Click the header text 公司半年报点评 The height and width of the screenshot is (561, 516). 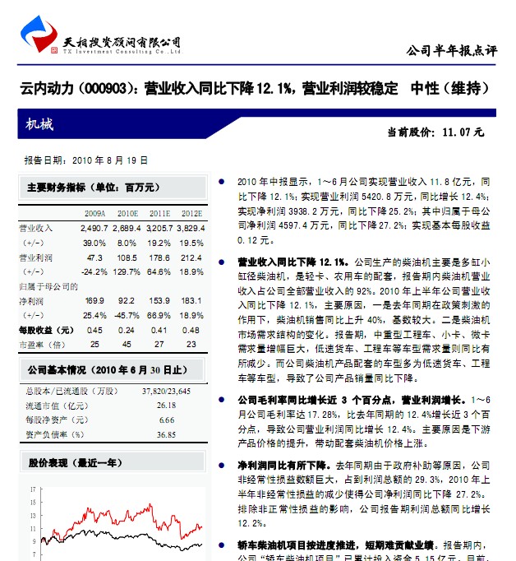coord(452,50)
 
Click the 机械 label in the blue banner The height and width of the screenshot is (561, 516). coord(39,125)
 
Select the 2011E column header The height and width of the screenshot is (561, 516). coord(160,214)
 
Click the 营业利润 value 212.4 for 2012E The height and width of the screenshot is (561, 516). coord(190,257)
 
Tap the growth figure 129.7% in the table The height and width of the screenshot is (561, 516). coord(127,271)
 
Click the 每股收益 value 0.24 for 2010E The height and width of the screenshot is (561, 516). coord(127,330)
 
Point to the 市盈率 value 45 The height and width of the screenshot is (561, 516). coord(127,344)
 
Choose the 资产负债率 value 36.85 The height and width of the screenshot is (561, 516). coord(166,433)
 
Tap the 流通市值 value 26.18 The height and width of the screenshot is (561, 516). coord(166,406)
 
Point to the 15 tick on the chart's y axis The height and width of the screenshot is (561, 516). coord(31,514)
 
